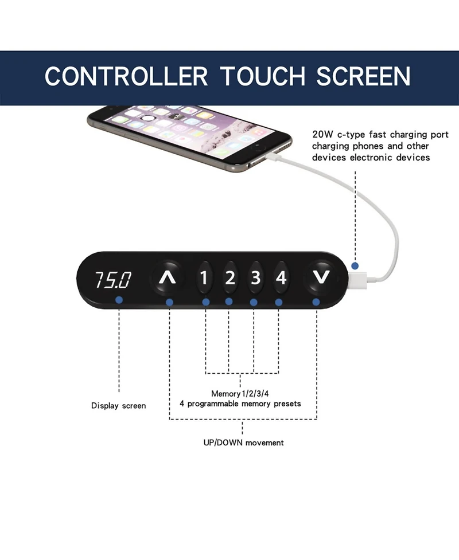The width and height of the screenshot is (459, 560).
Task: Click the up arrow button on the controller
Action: pyautogui.click(x=168, y=278)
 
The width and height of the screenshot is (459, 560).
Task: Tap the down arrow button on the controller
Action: pyautogui.click(x=322, y=278)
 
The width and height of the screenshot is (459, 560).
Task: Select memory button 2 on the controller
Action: pyautogui.click(x=230, y=278)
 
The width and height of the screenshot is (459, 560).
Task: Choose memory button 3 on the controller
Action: pyautogui.click(x=255, y=278)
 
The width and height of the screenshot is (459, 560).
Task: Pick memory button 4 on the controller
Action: pyautogui.click(x=281, y=278)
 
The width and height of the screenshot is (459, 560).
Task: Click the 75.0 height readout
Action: pyautogui.click(x=112, y=280)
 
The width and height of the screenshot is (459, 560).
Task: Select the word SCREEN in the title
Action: pyautogui.click(x=364, y=76)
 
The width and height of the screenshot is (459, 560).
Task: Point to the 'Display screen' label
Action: pyautogui.click(x=119, y=406)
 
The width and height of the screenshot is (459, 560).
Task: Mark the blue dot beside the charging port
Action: pyautogui.click(x=356, y=266)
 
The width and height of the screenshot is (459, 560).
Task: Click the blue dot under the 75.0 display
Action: pyautogui.click(x=119, y=300)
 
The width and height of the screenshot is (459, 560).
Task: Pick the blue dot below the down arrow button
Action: pyautogui.click(x=316, y=301)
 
